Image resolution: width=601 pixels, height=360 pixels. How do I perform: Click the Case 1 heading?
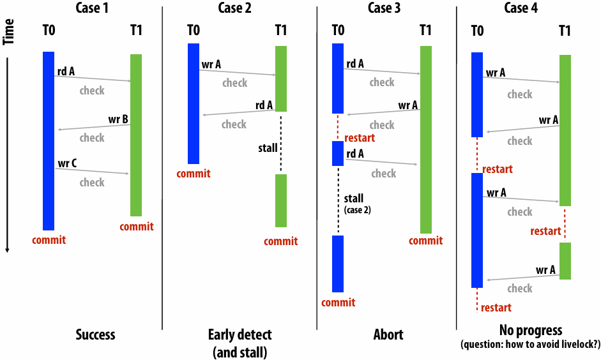pyautogui.click(x=92, y=8)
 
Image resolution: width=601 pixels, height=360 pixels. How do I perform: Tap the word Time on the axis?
pyautogui.click(x=8, y=32)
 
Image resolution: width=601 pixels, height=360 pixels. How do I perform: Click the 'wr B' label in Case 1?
pyautogui.click(x=118, y=119)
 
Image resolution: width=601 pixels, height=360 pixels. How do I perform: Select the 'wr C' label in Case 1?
pyautogui.click(x=67, y=163)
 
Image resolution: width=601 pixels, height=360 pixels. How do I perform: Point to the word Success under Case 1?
pyautogui.click(x=95, y=334)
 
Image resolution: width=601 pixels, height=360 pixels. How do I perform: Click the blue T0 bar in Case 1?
pyautogui.click(x=49, y=141)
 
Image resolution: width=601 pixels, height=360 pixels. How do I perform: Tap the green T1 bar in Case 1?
pyautogui.click(x=136, y=135)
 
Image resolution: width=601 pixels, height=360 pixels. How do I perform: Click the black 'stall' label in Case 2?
pyautogui.click(x=268, y=148)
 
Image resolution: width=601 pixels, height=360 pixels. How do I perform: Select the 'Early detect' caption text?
pyautogui.click(x=240, y=334)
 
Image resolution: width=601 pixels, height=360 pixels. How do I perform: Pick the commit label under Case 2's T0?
pyautogui.click(x=194, y=174)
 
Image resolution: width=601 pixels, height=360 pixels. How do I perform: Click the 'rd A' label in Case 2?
pyautogui.click(x=264, y=105)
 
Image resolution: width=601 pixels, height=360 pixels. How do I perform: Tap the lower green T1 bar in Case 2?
pyautogui.click(x=281, y=200)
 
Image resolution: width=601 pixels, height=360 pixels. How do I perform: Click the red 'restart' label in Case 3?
pyautogui.click(x=360, y=138)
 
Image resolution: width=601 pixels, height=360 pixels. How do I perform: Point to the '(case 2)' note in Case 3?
pyautogui.click(x=358, y=210)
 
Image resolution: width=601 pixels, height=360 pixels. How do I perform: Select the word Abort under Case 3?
pyautogui.click(x=388, y=334)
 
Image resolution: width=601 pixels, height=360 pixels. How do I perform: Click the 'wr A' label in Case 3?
pyautogui.click(x=408, y=105)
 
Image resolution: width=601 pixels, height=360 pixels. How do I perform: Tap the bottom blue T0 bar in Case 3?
pyautogui.click(x=338, y=264)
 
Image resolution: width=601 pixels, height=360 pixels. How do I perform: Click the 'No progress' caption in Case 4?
pyautogui.click(x=531, y=330)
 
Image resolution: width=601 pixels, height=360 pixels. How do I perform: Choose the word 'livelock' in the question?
pyautogui.click(x=576, y=344)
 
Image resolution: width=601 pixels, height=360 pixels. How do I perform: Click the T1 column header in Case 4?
pyautogui.click(x=565, y=30)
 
